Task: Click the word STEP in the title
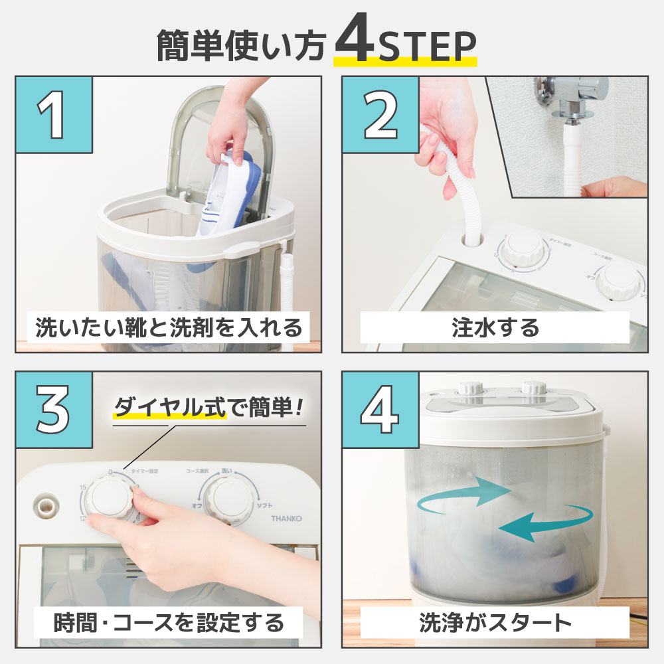[426, 46]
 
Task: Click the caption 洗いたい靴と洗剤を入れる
[169, 327]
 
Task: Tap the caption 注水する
[495, 327]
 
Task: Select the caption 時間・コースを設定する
[169, 622]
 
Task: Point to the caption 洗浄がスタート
[495, 622]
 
